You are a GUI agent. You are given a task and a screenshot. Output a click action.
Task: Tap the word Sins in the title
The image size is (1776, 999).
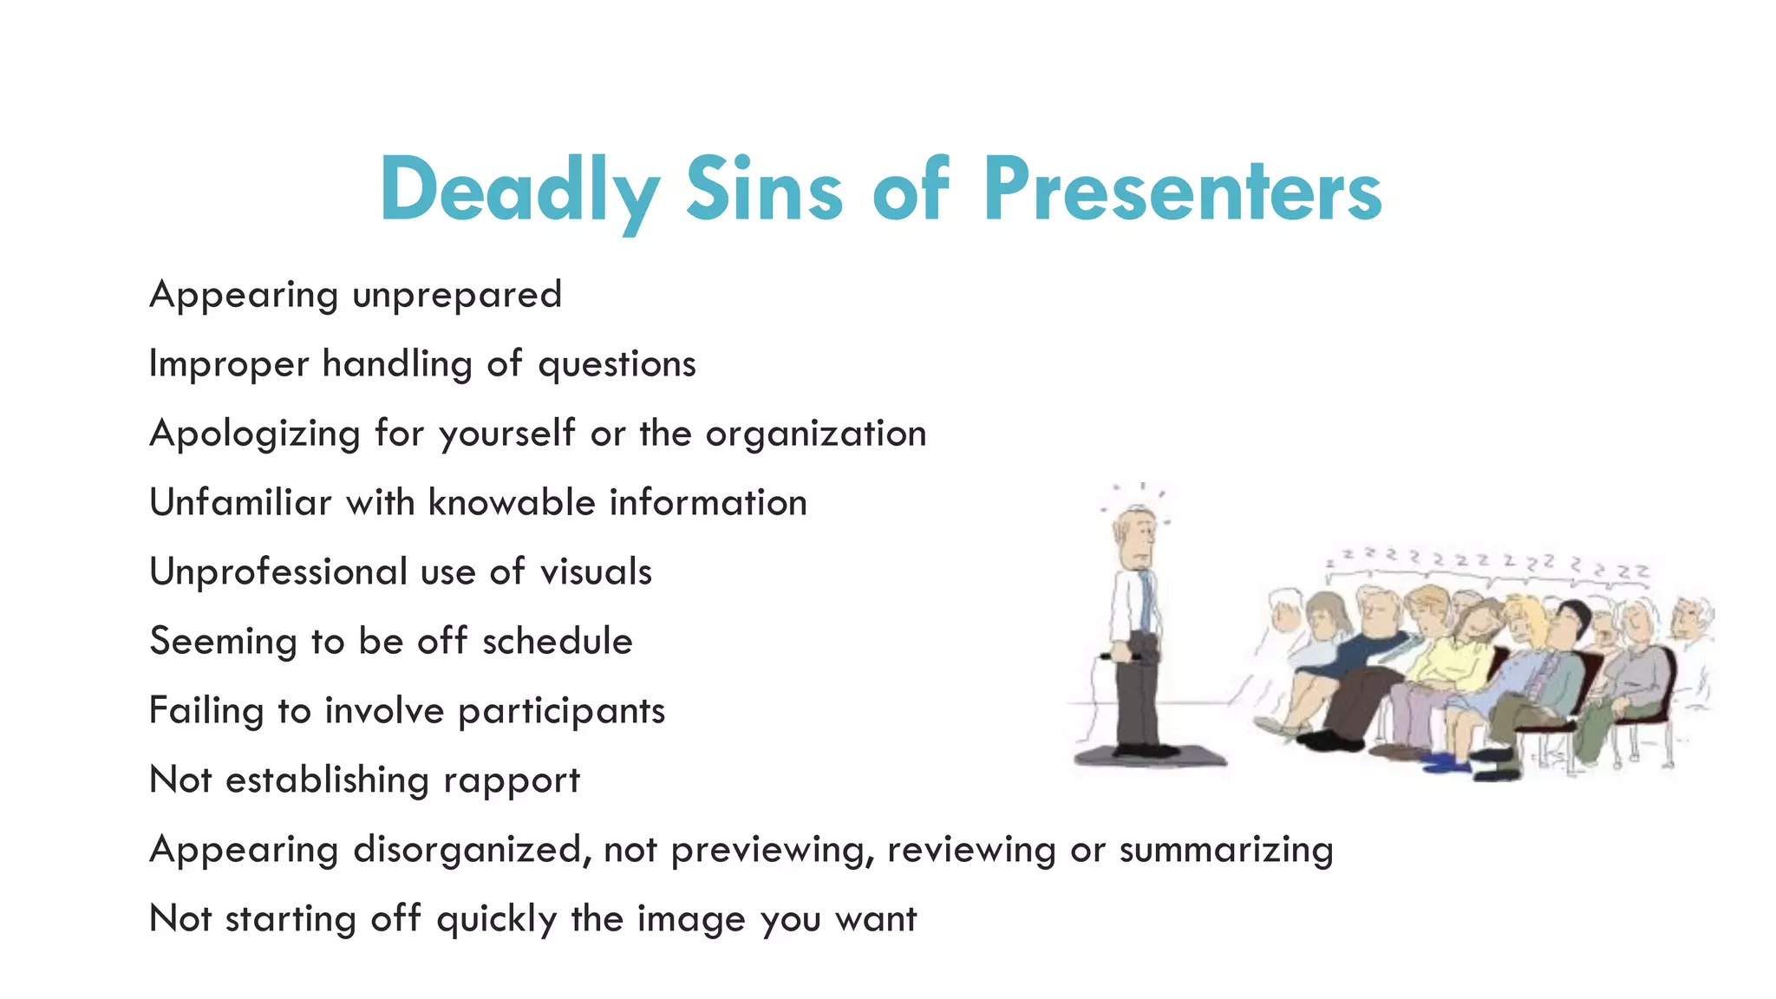tap(763, 189)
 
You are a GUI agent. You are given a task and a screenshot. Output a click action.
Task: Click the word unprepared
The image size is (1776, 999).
tap(457, 296)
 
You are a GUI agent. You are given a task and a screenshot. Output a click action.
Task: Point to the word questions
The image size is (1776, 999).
tap(617, 365)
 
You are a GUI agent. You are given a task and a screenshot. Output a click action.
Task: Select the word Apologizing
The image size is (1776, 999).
tap(255, 434)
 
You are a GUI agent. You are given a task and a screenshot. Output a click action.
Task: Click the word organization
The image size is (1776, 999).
tap(816, 434)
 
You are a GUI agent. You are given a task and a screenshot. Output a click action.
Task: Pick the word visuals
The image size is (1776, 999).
tap(596, 572)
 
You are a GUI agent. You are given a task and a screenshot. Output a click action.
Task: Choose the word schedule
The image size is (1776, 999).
tap(557, 642)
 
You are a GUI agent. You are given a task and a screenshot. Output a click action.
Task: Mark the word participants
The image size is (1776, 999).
tap(561, 712)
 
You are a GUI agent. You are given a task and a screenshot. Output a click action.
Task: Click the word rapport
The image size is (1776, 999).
tap(511, 781)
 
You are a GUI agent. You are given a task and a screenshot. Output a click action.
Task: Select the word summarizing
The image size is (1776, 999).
tap(1226, 850)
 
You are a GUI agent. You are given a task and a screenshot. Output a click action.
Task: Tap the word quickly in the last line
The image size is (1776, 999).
tap(496, 919)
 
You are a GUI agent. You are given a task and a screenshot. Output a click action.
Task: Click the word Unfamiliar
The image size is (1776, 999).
tap(240, 503)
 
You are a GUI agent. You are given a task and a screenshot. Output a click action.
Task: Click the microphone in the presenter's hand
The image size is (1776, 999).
tap(1119, 657)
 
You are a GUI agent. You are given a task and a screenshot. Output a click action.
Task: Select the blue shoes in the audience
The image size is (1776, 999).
tap(1446, 762)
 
